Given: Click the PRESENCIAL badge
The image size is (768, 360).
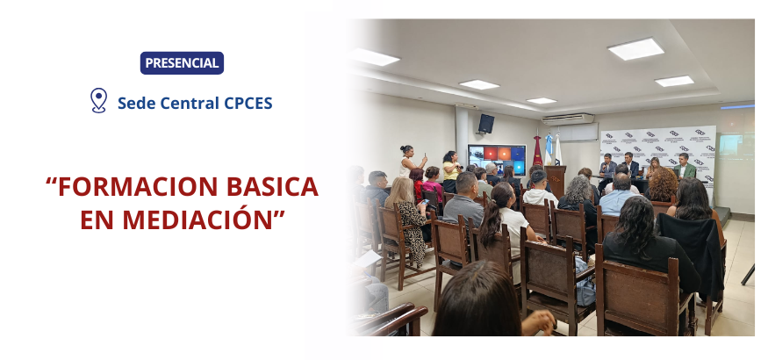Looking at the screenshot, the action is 182,63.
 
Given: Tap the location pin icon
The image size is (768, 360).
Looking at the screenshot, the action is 98,100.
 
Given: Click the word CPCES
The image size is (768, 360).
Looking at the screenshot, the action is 248,103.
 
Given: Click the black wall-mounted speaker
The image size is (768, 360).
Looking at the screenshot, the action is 486,124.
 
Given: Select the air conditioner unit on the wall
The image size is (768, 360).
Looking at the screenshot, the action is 568,119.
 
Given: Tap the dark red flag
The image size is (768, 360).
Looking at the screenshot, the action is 538,151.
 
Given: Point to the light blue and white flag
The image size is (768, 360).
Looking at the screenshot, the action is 549,150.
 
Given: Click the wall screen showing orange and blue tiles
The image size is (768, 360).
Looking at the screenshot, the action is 497,158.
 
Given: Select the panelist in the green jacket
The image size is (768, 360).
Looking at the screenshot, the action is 685,167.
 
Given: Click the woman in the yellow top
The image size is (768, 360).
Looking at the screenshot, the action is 450,171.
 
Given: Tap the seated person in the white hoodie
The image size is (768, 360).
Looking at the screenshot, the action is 539,189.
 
